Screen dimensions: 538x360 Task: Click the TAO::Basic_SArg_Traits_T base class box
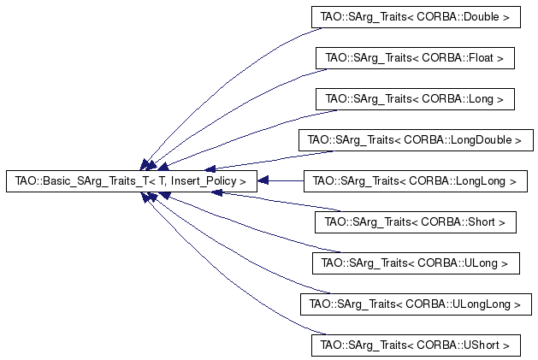[x=132, y=181]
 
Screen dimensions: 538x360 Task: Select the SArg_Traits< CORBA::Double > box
[x=416, y=17]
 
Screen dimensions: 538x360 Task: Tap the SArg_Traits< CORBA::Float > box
[x=415, y=58]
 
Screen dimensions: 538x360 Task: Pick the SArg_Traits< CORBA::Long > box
[x=415, y=99]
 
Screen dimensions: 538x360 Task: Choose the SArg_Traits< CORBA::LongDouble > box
[x=416, y=140]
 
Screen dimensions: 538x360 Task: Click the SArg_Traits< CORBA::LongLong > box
[x=416, y=181]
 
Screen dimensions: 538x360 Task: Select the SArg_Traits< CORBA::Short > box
[x=416, y=222]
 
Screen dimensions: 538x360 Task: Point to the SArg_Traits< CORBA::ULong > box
[x=416, y=263]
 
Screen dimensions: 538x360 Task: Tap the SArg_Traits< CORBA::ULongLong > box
[x=416, y=304]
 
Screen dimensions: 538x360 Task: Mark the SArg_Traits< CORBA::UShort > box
[x=416, y=345]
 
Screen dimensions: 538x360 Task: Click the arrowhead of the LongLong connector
[x=263, y=180]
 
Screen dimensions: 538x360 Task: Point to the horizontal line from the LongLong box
[x=287, y=180]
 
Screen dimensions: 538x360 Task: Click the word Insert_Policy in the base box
[x=204, y=181]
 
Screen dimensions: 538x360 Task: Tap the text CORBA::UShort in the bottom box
[x=458, y=345]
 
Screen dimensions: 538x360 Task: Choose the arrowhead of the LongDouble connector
[x=210, y=168]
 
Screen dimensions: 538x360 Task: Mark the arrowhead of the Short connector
[x=217, y=193]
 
